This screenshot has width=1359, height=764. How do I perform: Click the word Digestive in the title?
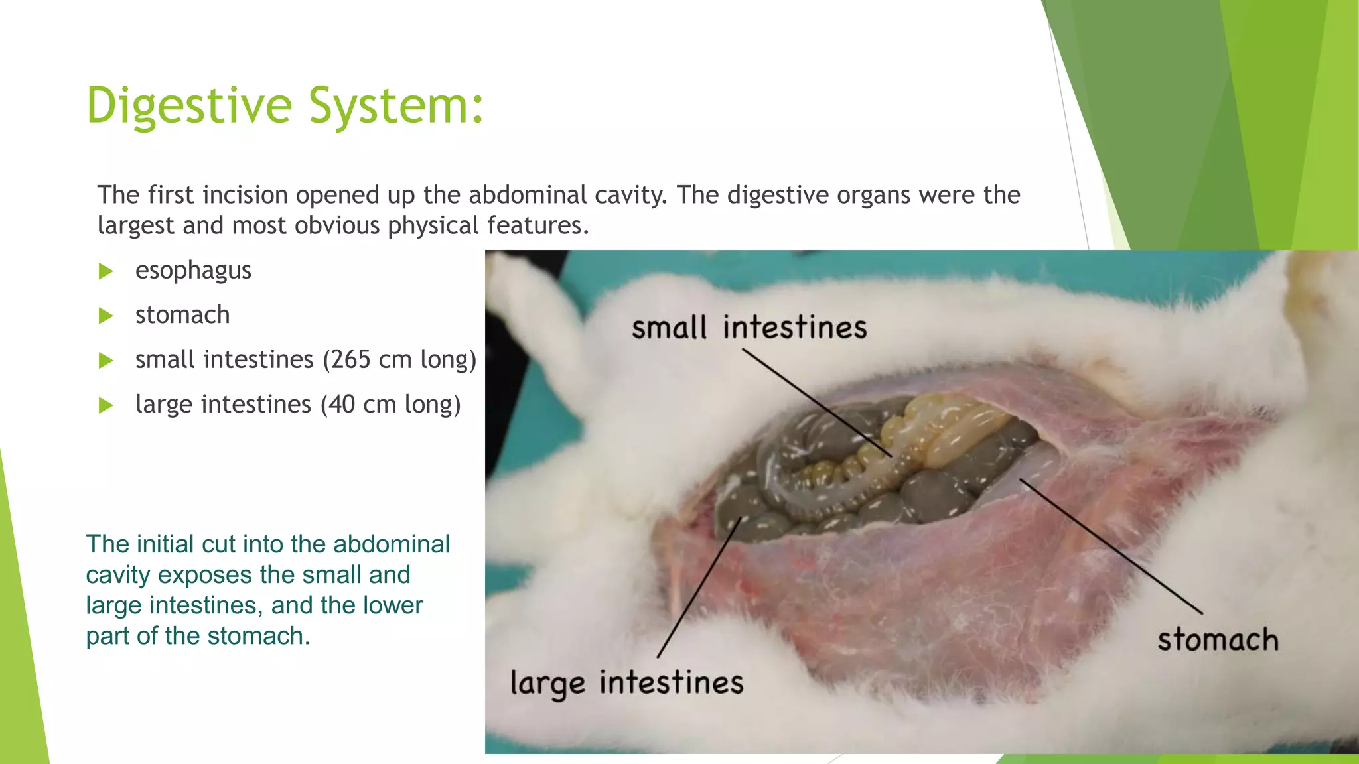189,106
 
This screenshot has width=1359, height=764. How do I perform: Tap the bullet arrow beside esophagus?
106,271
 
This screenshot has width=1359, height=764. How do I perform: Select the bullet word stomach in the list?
182,315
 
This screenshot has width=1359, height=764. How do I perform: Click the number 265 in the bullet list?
351,359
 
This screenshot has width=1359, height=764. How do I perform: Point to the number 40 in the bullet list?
342,404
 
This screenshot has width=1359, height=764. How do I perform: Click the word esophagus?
193,271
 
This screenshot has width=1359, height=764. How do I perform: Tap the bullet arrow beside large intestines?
106,405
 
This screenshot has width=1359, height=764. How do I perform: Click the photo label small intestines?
749,328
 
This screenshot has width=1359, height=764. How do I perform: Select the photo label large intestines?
626,683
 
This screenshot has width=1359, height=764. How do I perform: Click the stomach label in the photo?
1218,640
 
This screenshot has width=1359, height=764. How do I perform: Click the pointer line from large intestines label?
697,590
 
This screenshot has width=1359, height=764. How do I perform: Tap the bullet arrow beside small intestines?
106,360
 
